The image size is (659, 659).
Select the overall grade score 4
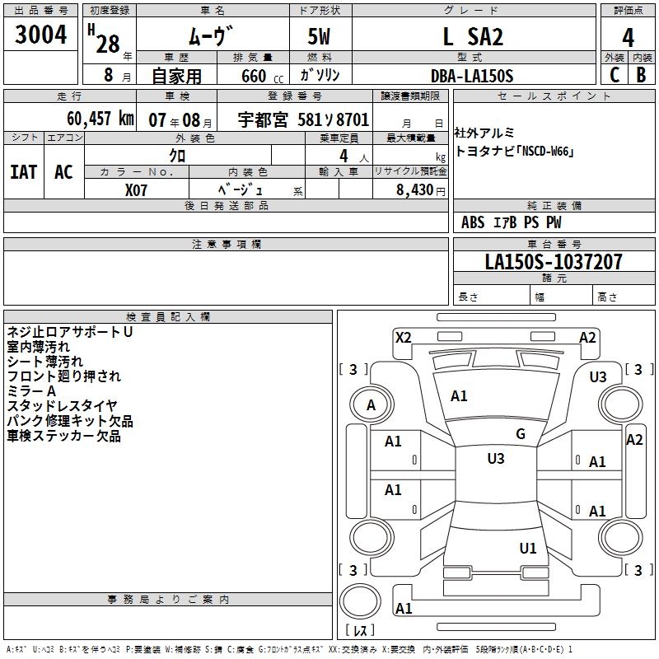click(628, 38)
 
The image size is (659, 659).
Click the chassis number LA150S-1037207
click(554, 262)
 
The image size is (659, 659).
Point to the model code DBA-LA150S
click(471, 76)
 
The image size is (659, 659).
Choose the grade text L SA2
click(473, 37)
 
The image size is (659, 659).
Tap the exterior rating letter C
click(614, 75)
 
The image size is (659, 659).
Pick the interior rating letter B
click(641, 75)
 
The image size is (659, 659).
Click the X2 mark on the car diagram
click(403, 337)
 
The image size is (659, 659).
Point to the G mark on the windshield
click(520, 434)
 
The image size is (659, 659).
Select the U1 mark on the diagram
click(528, 548)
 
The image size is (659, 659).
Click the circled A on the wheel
click(371, 404)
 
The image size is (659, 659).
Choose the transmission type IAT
click(24, 171)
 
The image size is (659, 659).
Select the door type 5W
click(320, 37)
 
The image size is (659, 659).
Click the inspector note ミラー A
click(31, 390)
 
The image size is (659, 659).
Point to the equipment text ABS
click(473, 222)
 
